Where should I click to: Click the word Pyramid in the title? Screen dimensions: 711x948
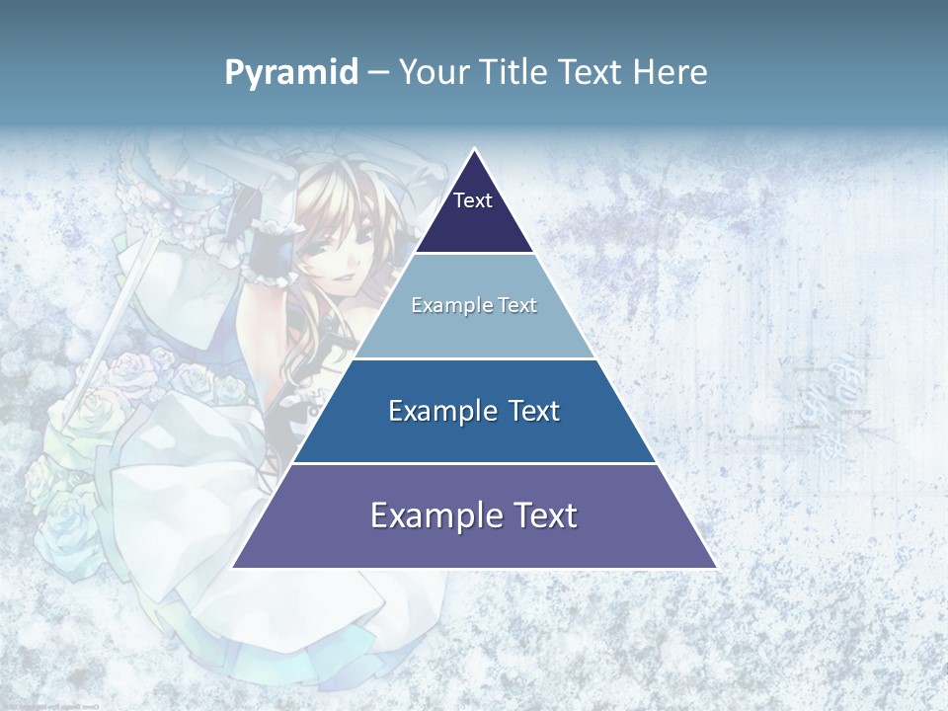coord(291,73)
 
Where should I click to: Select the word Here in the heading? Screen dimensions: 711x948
coord(670,73)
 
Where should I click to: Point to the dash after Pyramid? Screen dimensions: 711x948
coord(378,73)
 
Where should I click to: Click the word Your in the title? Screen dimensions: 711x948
coord(434,73)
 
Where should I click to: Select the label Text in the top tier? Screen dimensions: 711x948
coord(473,200)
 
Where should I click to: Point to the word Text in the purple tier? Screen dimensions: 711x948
coord(542,515)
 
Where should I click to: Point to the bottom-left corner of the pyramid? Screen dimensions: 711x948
coord(233,567)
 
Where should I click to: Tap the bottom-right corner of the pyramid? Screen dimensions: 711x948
coord(715,567)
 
